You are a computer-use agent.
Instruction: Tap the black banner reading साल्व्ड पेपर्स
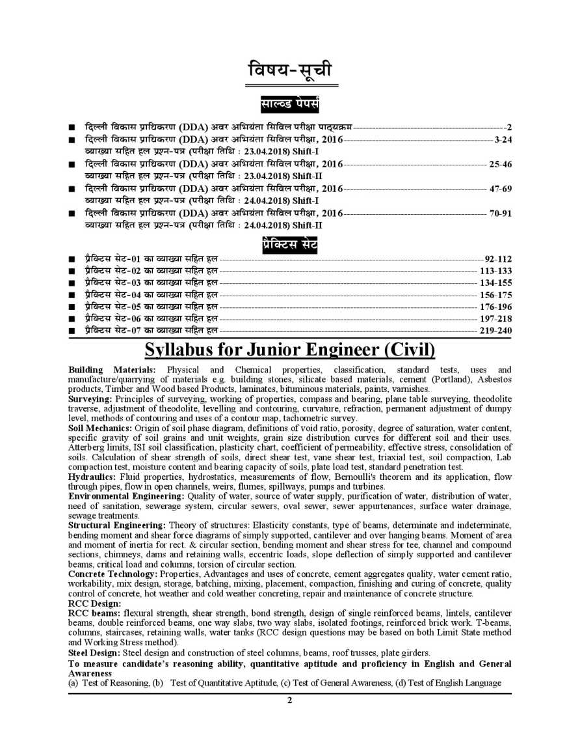(x=289, y=104)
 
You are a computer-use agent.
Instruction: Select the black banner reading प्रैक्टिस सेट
(x=289, y=245)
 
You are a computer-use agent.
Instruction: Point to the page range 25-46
(x=500, y=164)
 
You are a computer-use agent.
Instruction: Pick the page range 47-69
(x=500, y=189)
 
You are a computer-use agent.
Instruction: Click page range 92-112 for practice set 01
(x=497, y=259)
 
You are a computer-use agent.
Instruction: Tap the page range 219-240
(x=495, y=331)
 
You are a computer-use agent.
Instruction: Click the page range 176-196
(x=495, y=307)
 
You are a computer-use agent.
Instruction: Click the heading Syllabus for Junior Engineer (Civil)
(x=289, y=350)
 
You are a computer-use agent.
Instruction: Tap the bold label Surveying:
(x=90, y=398)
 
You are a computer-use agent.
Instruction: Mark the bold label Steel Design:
(x=94, y=652)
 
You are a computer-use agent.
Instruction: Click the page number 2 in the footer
(x=290, y=701)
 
